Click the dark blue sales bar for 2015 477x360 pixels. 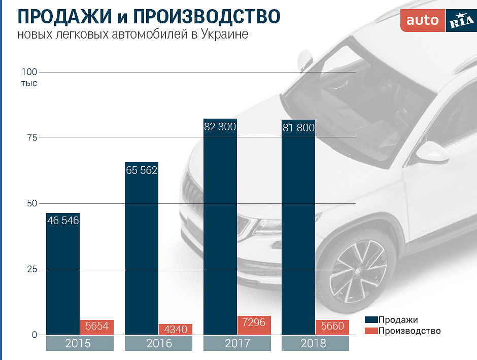(x=62, y=279)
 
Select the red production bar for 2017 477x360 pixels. (x=254, y=326)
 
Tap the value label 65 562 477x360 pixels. (x=142, y=170)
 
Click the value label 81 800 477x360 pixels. (x=298, y=128)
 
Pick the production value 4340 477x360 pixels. (x=176, y=330)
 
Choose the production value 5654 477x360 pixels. (x=97, y=326)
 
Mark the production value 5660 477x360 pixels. (x=332, y=326)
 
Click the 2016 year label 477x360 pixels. (x=158, y=343)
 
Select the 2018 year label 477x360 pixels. (x=315, y=343)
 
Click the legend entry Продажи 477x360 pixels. (x=398, y=320)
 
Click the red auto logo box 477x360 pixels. (x=422, y=21)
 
